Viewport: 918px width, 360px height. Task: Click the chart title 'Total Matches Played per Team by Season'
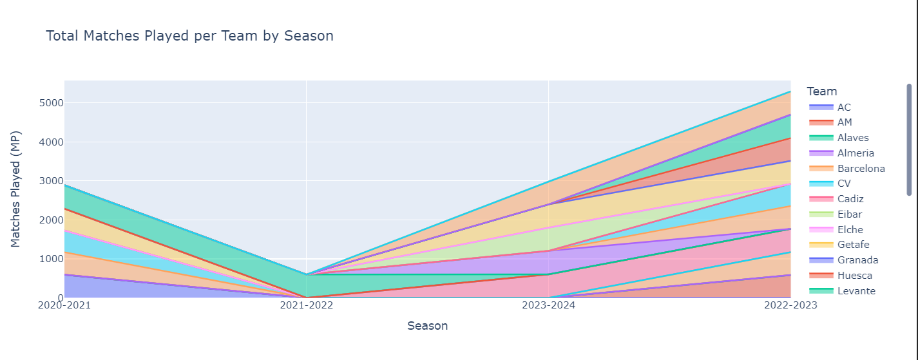coord(189,36)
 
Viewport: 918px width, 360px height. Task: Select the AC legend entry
coord(844,107)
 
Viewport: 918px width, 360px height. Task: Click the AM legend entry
coord(845,122)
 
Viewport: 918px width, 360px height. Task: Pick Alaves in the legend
coord(853,138)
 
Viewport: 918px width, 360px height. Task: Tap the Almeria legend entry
coord(856,153)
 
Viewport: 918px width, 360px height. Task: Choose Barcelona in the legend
coord(861,169)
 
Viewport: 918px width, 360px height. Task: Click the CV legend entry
coord(844,184)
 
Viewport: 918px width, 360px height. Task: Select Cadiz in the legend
coord(850,199)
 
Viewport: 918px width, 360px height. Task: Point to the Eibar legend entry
coord(850,214)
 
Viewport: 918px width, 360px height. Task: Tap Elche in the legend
coord(850,230)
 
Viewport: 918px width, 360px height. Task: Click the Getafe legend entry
coord(853,245)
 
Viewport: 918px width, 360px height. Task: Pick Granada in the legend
coord(856,260)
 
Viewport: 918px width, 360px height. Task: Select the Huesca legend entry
coord(854,276)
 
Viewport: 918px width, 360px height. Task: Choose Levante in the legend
coord(856,291)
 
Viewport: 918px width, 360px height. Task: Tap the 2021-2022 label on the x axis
coord(306,305)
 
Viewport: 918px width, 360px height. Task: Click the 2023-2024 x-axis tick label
coord(548,305)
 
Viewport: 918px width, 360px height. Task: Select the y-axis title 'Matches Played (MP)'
coord(16,189)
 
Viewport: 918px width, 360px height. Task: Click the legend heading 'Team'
coord(821,91)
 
